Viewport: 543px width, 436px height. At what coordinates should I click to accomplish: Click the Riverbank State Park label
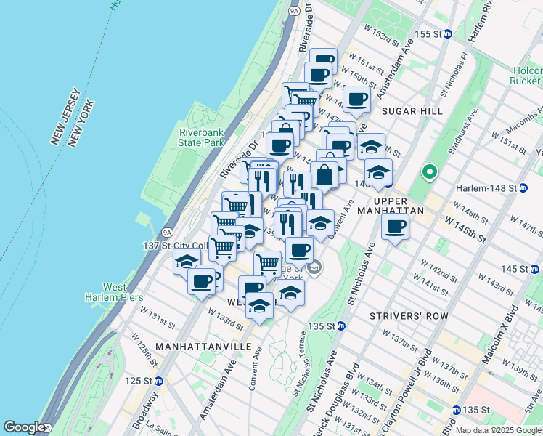[201, 137]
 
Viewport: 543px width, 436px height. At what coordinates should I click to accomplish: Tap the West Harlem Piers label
[123, 292]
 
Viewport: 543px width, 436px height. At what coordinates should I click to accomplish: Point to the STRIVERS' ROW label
[409, 317]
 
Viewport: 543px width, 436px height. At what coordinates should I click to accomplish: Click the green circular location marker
[430, 172]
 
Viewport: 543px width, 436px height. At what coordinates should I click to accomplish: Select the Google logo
[24, 427]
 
